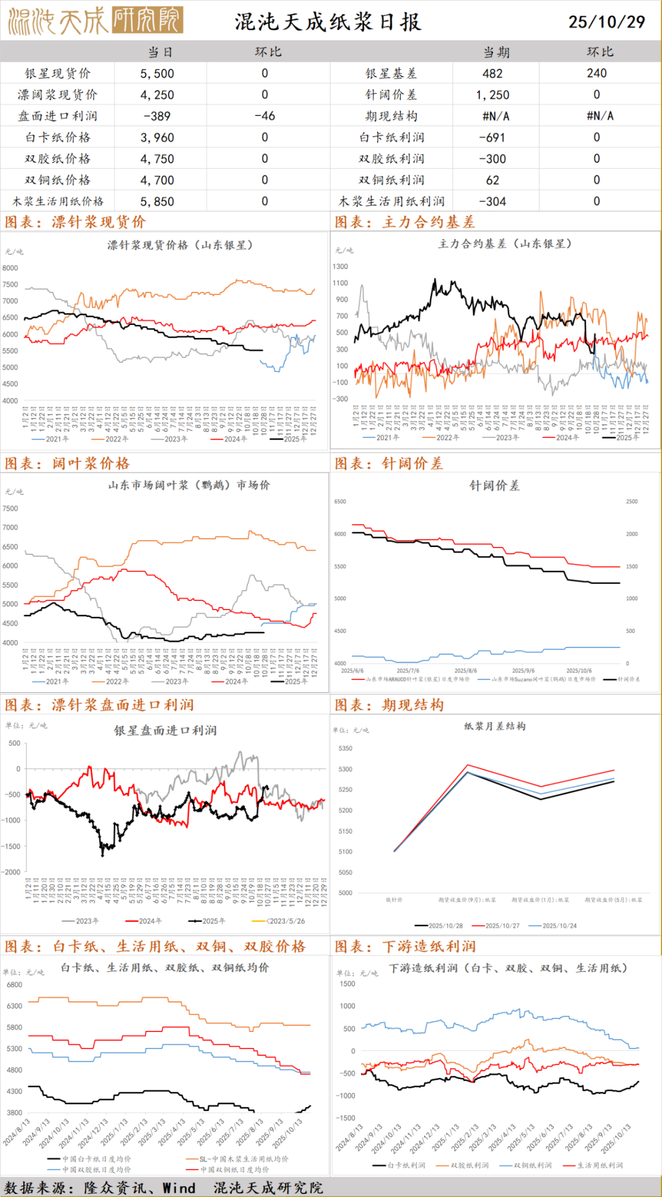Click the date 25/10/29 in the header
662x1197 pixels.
(x=606, y=22)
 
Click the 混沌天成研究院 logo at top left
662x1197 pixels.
(x=96, y=21)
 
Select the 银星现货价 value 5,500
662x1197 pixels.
(x=157, y=74)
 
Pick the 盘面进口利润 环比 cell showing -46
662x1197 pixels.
(x=265, y=116)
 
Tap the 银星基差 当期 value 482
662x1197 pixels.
(x=492, y=74)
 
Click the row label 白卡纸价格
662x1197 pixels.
(x=58, y=137)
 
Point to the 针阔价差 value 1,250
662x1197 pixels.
(x=492, y=95)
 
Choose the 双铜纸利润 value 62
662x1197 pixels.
(x=492, y=180)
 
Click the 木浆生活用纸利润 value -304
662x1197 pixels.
(x=492, y=201)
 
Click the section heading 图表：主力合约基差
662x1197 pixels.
(x=405, y=222)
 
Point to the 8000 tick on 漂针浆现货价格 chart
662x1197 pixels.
(x=10, y=268)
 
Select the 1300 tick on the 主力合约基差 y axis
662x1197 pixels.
(x=340, y=267)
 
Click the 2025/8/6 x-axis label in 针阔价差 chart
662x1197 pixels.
(x=465, y=671)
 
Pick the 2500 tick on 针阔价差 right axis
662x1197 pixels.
(x=631, y=502)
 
